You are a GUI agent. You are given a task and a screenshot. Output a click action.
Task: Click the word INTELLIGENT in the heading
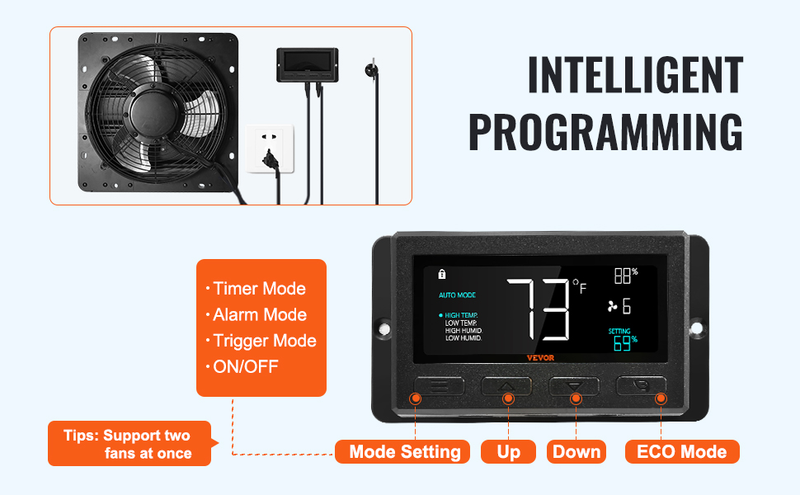click(x=635, y=75)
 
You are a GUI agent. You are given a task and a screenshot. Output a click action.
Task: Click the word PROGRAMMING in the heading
click(x=605, y=132)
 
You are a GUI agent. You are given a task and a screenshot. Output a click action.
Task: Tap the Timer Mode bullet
click(x=256, y=288)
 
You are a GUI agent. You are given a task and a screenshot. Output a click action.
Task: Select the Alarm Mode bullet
click(x=256, y=314)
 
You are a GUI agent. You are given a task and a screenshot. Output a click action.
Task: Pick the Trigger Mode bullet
click(x=261, y=341)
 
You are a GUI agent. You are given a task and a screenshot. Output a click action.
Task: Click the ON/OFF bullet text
click(x=242, y=366)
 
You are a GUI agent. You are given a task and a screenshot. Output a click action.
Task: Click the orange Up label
click(x=508, y=451)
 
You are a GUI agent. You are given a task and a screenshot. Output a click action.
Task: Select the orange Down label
click(x=576, y=451)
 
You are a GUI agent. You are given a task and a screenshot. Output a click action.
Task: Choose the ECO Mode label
click(x=682, y=451)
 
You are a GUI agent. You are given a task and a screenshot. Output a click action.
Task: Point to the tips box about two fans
click(x=130, y=444)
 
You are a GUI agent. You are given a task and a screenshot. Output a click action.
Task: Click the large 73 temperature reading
click(x=539, y=309)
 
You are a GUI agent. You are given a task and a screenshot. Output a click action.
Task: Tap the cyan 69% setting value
click(x=625, y=343)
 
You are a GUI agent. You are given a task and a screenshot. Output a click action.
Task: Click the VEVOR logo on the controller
click(x=540, y=358)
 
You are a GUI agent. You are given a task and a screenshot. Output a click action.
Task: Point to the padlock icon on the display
click(x=442, y=274)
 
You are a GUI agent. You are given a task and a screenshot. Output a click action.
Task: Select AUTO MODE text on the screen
click(x=457, y=295)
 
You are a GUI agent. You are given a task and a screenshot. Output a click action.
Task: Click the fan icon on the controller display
click(x=612, y=306)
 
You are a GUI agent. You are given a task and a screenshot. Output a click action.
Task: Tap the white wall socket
click(x=270, y=148)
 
